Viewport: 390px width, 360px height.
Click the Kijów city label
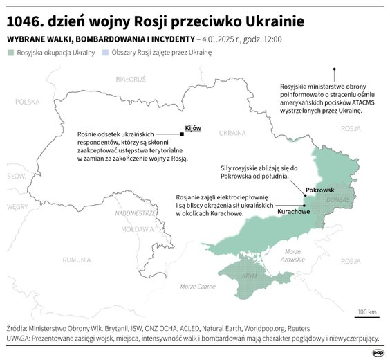click(x=193, y=128)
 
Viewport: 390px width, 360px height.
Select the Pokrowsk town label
click(x=319, y=189)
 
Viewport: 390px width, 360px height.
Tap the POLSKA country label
click(x=28, y=102)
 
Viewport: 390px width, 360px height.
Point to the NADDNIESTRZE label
click(x=135, y=213)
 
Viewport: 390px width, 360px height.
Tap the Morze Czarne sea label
click(x=197, y=287)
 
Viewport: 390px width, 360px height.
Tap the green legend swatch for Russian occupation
click(x=11, y=52)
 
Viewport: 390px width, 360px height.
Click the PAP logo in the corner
click(x=378, y=352)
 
